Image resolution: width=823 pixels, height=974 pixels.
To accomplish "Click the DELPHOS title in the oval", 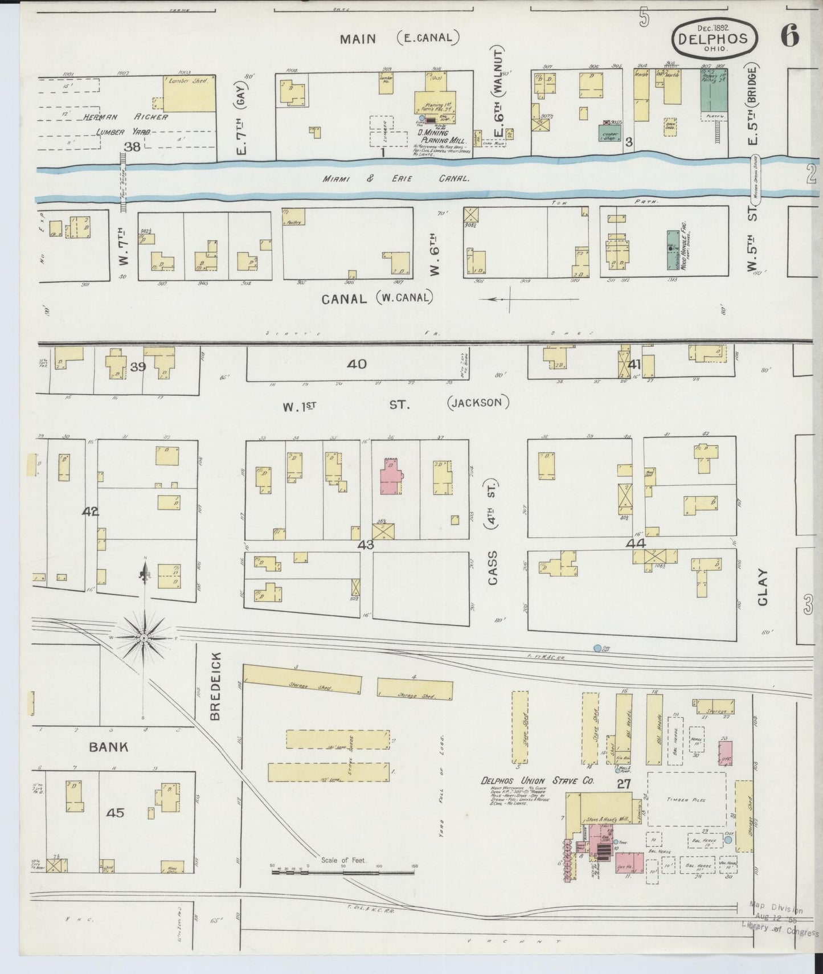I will coord(716,39).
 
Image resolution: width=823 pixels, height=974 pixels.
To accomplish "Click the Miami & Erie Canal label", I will coord(396,178).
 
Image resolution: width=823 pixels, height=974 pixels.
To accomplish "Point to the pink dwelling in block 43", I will coord(391,474).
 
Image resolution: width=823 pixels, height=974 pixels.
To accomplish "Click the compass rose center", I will coord(145,639).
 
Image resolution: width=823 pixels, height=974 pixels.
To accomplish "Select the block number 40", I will coord(357,364).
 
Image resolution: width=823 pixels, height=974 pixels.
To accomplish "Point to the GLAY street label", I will coord(763,587).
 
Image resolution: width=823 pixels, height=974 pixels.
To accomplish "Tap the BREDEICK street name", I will coord(215,686).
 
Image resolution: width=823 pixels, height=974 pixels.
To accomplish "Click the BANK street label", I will coord(108,747).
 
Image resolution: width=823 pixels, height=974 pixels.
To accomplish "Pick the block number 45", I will coord(116,813).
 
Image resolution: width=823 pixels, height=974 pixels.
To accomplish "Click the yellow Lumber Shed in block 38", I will coord(188,93).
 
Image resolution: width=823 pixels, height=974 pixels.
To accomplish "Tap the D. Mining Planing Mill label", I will coord(442,136).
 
